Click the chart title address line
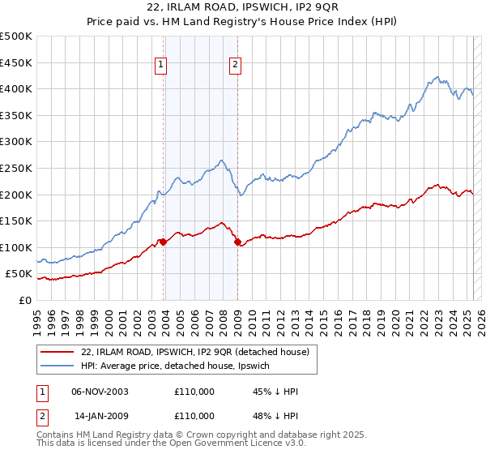tap(242, 8)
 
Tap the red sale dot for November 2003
tap(163, 242)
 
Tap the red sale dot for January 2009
tap(237, 242)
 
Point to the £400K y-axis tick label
tap(16, 88)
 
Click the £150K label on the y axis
tap(16, 221)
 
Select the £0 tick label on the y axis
tap(24, 300)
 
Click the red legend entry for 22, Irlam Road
tap(195, 352)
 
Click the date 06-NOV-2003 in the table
tap(100, 392)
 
